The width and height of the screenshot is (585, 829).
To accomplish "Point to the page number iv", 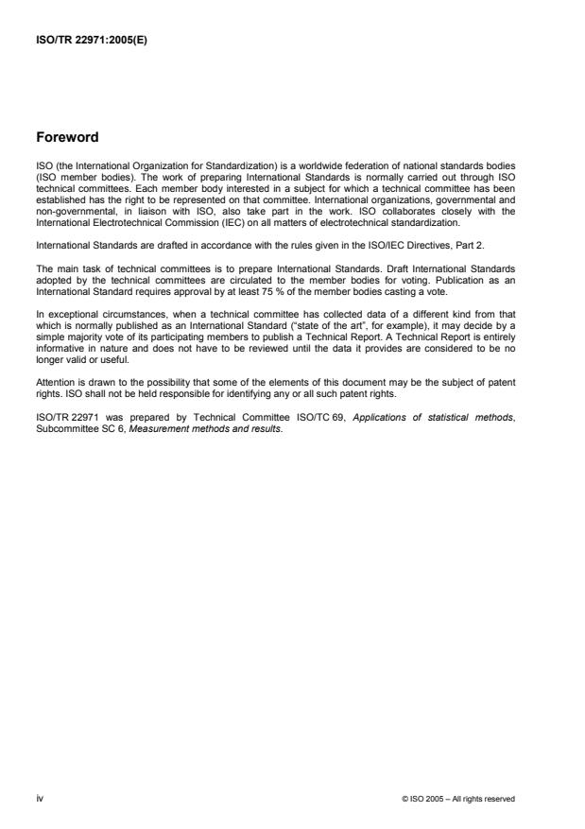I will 40,798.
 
